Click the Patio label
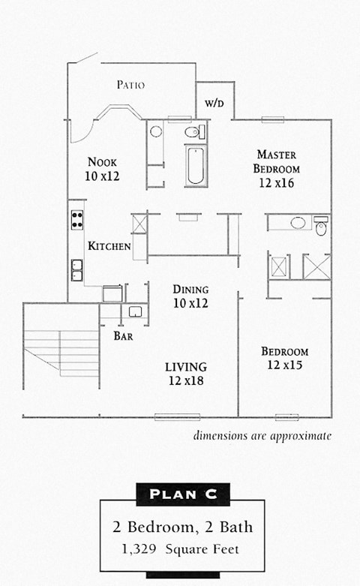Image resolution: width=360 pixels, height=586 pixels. click(130, 85)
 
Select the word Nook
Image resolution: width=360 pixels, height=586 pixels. click(102, 162)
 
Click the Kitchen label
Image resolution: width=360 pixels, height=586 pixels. click(109, 246)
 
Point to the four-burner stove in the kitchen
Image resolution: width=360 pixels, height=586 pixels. click(76, 219)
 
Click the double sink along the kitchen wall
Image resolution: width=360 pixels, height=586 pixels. click(76, 269)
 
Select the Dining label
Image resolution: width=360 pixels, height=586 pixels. click(190, 290)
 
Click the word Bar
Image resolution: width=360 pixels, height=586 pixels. click(123, 336)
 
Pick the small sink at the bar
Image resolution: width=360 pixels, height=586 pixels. click(136, 311)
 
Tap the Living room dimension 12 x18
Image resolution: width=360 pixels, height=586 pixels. click(185, 381)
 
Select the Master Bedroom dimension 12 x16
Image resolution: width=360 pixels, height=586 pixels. click(276, 182)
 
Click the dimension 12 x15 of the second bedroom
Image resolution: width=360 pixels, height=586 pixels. click(284, 365)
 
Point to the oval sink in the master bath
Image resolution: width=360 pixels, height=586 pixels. click(298, 223)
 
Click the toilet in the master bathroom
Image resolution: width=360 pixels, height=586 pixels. click(321, 227)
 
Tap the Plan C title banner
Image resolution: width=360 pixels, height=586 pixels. click(182, 493)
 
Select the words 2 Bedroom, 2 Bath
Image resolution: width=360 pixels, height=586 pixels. click(182, 527)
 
